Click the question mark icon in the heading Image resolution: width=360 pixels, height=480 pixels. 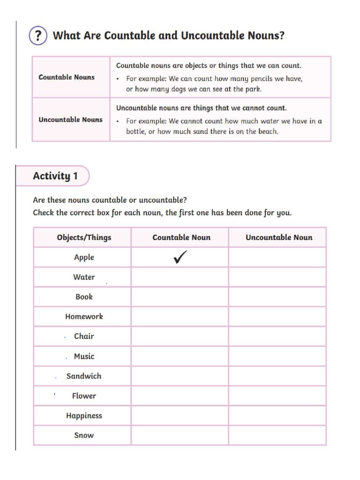38,36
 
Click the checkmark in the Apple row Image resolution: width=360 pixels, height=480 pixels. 180,257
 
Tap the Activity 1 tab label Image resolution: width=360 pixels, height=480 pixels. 55,176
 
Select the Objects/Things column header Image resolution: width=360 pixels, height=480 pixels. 84,237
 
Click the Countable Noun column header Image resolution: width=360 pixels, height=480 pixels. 181,237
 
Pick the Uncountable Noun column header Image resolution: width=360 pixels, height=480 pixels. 279,237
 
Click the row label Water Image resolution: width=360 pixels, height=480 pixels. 84,277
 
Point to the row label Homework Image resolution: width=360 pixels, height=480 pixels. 84,316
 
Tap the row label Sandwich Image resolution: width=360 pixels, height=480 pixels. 84,376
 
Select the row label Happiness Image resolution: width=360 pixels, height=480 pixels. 84,415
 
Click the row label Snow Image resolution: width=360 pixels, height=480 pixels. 84,435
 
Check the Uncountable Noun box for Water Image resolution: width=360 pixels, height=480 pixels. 277,277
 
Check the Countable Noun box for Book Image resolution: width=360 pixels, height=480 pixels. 180,297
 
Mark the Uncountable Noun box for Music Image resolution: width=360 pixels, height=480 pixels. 277,356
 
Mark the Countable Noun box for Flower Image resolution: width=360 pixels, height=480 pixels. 180,396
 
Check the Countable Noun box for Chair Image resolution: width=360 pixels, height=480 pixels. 180,336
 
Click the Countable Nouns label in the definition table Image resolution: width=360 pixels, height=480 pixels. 67,77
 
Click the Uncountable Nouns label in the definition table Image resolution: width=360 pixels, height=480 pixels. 70,120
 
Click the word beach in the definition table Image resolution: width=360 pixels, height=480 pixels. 268,132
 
